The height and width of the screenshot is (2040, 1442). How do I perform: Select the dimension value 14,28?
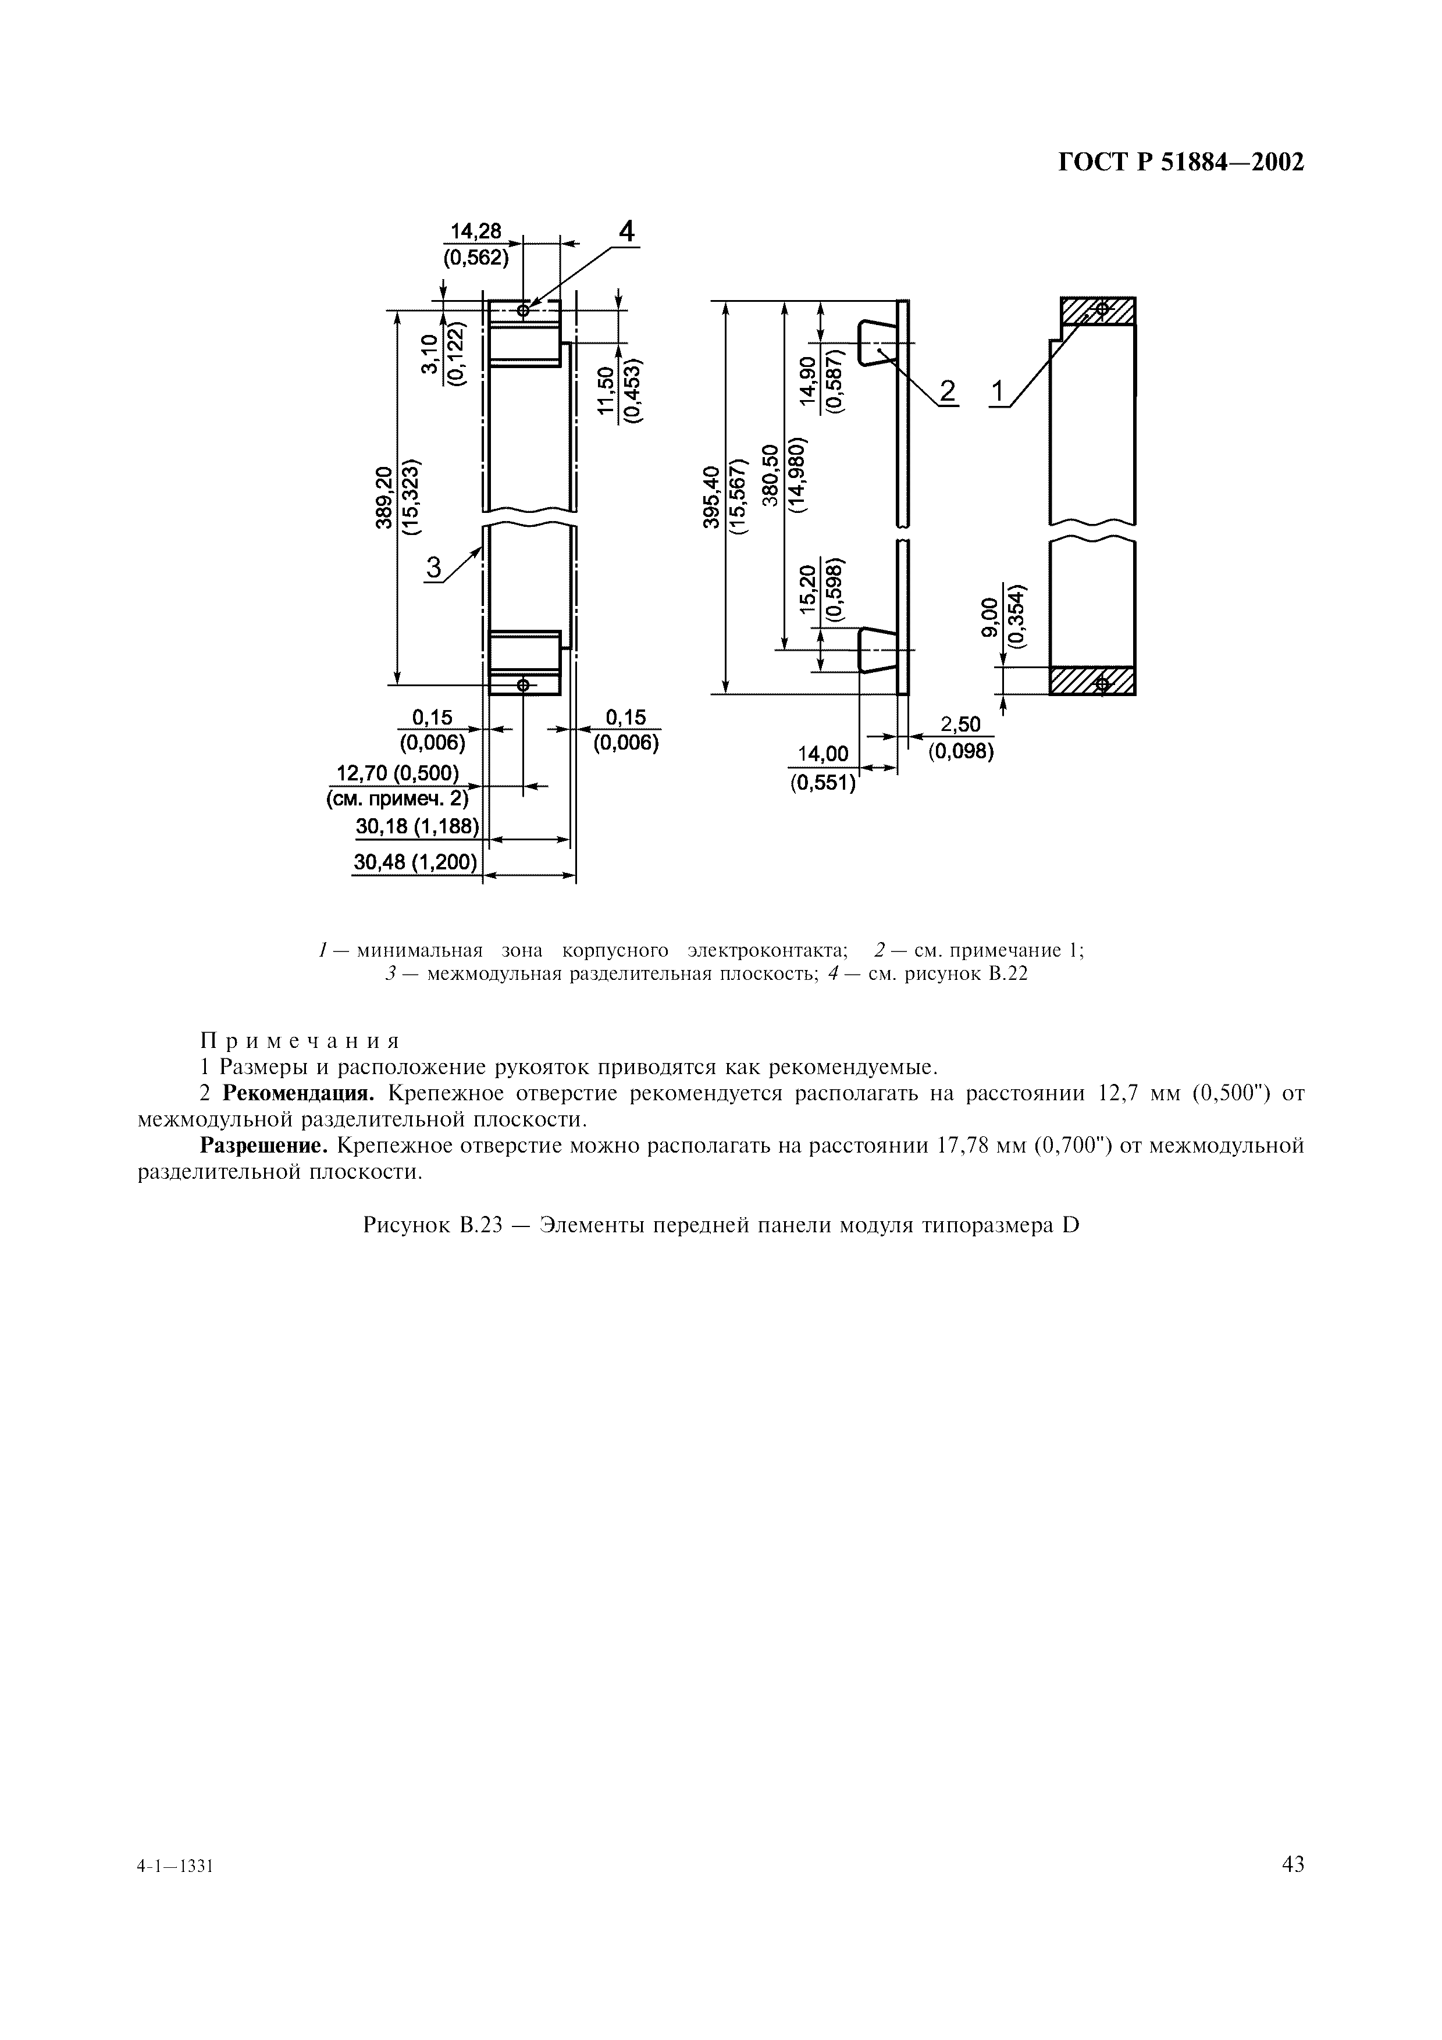point(476,231)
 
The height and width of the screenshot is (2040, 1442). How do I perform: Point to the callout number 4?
point(627,232)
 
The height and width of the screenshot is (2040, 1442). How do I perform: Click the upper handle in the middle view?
point(878,342)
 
